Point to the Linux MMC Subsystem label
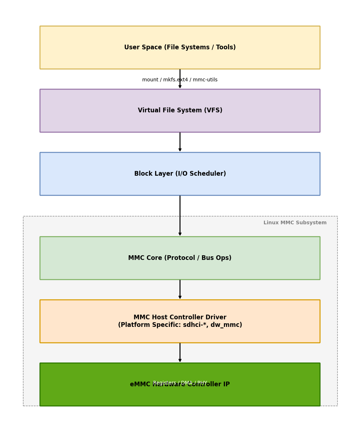(x=295, y=223)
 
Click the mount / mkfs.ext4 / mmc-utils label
(x=180, y=80)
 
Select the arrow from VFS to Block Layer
(x=180, y=142)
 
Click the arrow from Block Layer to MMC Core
(x=180, y=216)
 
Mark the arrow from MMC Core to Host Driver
(x=180, y=289)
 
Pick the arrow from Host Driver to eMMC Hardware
(x=180, y=353)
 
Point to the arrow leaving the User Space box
(x=180, y=74)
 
